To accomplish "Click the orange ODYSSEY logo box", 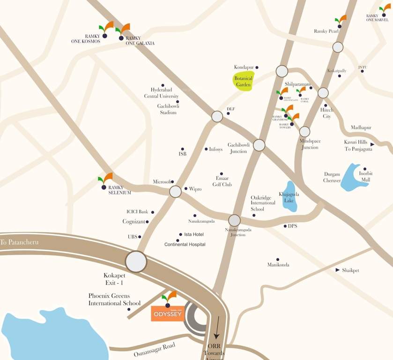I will (167, 314).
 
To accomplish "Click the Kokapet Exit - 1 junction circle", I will (136, 262).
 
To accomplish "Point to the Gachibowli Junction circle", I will (259, 145).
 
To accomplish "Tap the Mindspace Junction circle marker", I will (304, 132).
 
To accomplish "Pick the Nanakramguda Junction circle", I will (234, 220).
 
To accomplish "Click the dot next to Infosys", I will (206, 149).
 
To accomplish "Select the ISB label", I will (183, 154).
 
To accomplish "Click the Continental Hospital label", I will (185, 245).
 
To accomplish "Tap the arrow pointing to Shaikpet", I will (338, 270).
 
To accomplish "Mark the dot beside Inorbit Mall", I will (365, 169).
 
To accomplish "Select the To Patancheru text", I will (19, 242).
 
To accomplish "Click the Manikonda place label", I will (278, 265).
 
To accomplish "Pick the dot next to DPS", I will (285, 226).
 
